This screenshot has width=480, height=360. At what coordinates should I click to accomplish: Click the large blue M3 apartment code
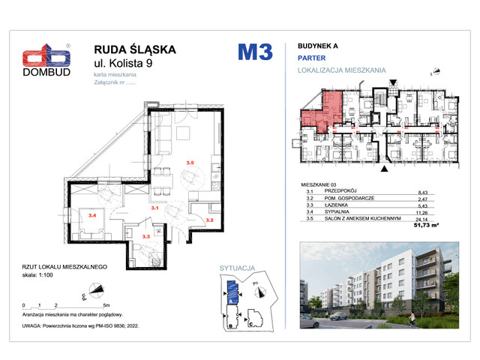(x=255, y=52)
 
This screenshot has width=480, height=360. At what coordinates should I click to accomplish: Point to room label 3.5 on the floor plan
(x=190, y=163)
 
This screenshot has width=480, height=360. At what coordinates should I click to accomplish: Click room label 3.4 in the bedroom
(x=92, y=216)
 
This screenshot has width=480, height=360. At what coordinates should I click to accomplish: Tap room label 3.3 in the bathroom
(x=147, y=237)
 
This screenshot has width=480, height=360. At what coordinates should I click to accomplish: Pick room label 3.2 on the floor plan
(x=211, y=220)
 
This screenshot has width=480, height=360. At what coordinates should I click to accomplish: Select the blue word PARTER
(x=311, y=57)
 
